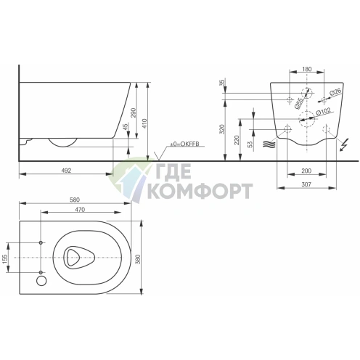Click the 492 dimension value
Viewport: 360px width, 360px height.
click(x=66, y=171)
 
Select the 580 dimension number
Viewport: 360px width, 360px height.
click(x=75, y=200)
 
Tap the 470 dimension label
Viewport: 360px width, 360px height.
click(x=80, y=210)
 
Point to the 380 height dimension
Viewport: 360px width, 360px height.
click(x=138, y=259)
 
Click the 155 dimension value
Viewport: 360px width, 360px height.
click(x=5, y=258)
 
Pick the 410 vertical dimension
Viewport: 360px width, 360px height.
click(x=144, y=123)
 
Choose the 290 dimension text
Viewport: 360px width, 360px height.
click(x=134, y=112)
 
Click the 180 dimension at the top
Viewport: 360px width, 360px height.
click(x=307, y=69)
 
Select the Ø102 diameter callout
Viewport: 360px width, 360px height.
click(x=324, y=112)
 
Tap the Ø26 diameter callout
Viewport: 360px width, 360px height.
click(x=335, y=92)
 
